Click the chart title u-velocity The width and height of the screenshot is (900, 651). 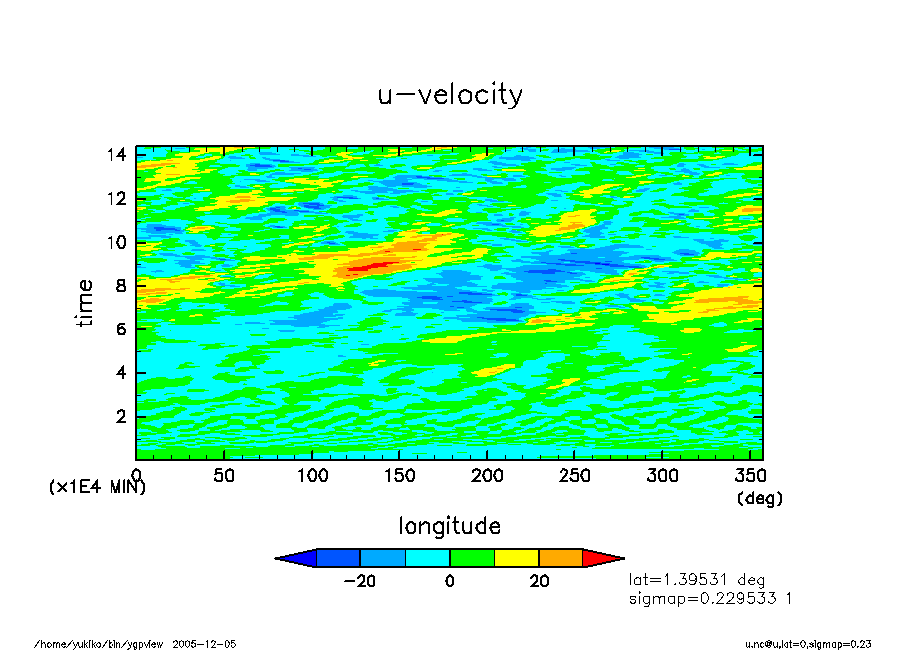click(x=449, y=95)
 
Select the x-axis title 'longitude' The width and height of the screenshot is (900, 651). click(x=449, y=525)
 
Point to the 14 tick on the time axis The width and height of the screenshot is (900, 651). click(x=117, y=154)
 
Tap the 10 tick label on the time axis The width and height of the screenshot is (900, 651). click(x=117, y=242)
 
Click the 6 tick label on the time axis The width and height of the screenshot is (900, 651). click(x=121, y=329)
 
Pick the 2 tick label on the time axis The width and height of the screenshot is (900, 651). click(x=121, y=416)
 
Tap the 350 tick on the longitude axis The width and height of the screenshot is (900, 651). click(x=750, y=475)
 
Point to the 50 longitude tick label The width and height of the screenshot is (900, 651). click(x=224, y=475)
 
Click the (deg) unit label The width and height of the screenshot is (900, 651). click(x=759, y=498)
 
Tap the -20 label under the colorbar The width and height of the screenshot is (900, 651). click(x=359, y=582)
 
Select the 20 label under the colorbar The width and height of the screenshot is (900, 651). click(x=539, y=582)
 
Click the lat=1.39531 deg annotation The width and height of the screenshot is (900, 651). click(x=696, y=579)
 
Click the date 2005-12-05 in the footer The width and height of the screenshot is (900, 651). click(x=204, y=644)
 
